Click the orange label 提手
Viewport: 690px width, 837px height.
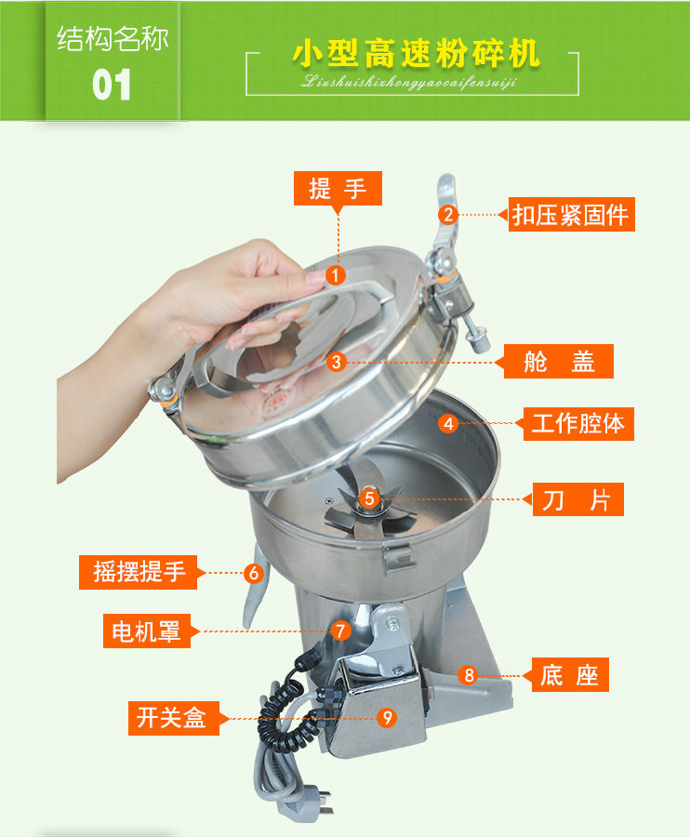(338, 190)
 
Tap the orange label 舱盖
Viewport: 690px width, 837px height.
(558, 361)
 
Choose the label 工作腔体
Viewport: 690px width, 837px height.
(577, 424)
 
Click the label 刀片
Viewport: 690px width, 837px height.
(577, 499)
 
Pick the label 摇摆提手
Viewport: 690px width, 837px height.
(139, 572)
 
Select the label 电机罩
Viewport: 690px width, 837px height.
(146, 631)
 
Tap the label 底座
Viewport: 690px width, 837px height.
(569, 674)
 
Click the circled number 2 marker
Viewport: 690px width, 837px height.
(448, 215)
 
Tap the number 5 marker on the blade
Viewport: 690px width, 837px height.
(369, 498)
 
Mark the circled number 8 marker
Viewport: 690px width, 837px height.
(469, 675)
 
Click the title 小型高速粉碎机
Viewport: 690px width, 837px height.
(416, 53)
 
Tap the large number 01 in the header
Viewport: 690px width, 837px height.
(112, 86)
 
